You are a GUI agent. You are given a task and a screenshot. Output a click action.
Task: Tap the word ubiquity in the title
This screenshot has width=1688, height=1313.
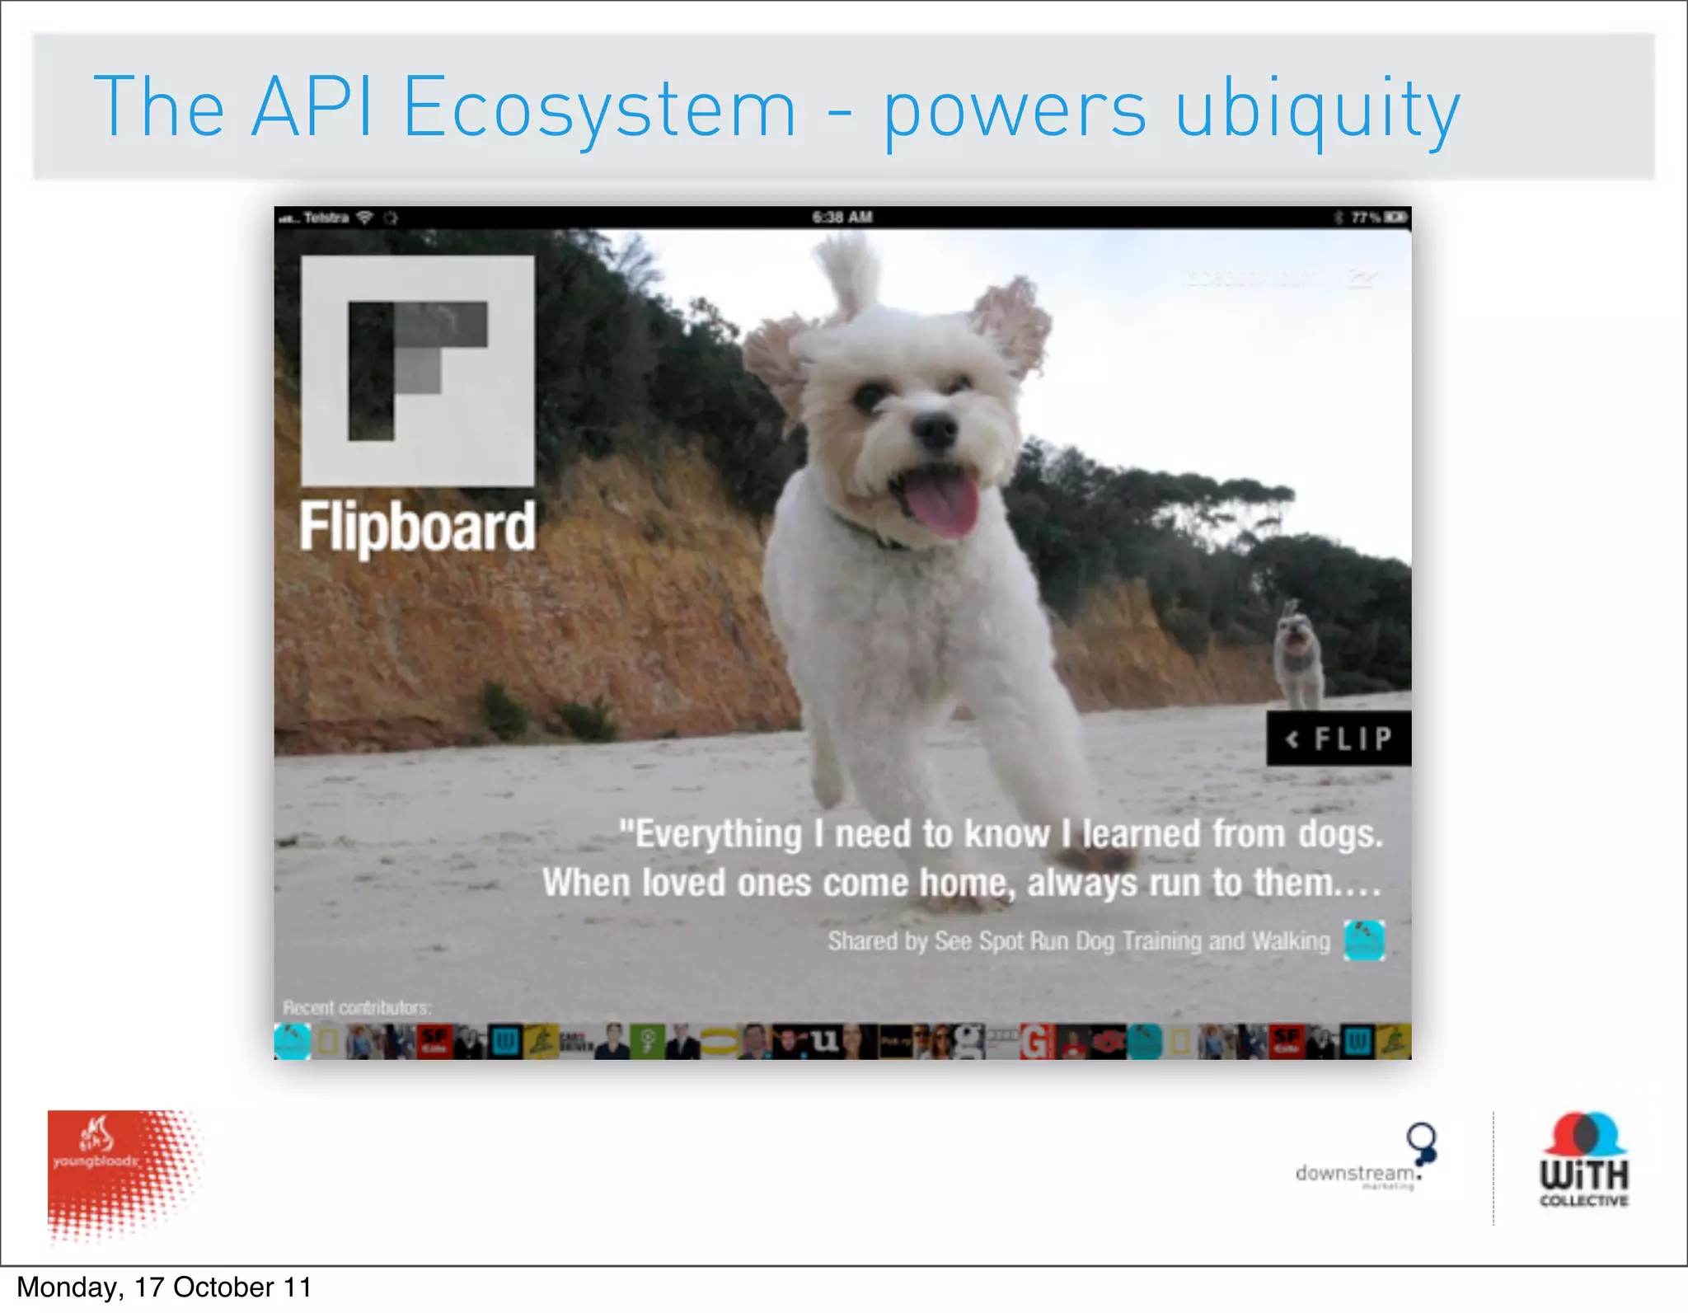pyautogui.click(x=1317, y=110)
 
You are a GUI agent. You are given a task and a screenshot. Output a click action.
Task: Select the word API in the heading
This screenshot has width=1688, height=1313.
pyautogui.click(x=312, y=107)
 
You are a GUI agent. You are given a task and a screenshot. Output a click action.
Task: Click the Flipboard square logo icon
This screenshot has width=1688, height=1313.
pyautogui.click(x=417, y=371)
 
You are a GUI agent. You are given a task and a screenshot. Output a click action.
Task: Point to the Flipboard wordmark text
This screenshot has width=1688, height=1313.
pyautogui.click(x=417, y=527)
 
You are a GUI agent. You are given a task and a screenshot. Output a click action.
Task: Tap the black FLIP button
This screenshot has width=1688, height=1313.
pyautogui.click(x=1339, y=739)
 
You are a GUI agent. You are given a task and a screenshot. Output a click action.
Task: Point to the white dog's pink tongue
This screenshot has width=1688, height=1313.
pyautogui.click(x=945, y=504)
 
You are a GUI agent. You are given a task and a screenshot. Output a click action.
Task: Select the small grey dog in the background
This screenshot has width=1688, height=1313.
pyautogui.click(x=1298, y=651)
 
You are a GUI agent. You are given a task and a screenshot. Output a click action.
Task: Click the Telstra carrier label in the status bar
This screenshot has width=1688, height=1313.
pyautogui.click(x=326, y=218)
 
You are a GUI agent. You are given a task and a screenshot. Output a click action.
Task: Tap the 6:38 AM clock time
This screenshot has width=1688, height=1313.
pyautogui.click(x=842, y=218)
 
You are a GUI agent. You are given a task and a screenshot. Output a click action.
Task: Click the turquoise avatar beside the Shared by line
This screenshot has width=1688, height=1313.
pyautogui.click(x=1364, y=940)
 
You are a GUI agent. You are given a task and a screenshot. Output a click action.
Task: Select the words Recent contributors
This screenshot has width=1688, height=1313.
pyautogui.click(x=357, y=1007)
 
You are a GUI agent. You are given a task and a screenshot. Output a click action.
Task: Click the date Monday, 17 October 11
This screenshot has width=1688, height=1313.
pyautogui.click(x=164, y=1287)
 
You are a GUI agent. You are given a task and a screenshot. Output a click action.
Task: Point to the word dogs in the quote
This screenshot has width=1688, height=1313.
pyautogui.click(x=1340, y=834)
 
